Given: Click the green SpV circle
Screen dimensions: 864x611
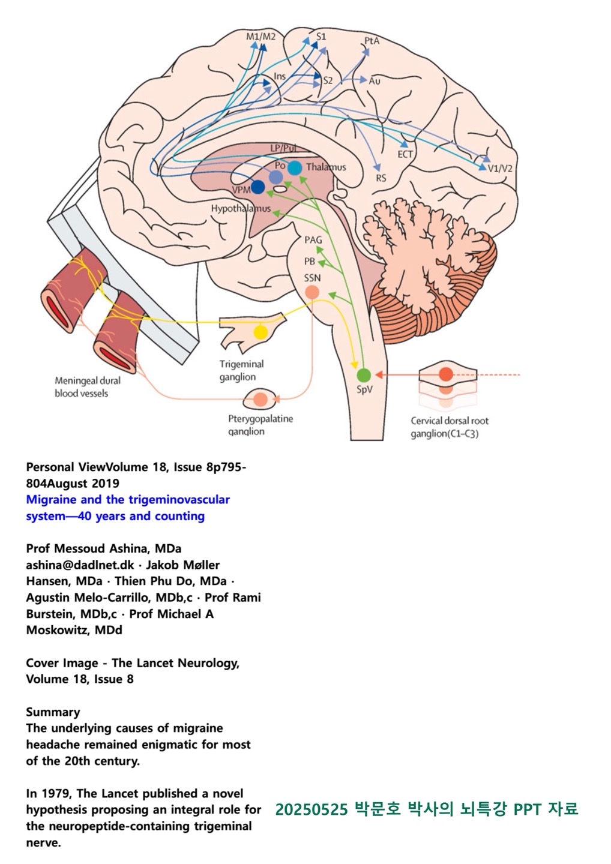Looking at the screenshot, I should [364, 376].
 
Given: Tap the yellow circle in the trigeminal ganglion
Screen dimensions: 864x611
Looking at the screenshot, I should [260, 332].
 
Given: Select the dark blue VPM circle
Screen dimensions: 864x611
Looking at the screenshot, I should [258, 187].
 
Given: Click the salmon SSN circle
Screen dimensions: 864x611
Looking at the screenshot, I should [312, 292].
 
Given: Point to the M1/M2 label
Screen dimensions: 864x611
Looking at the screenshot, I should [260, 37].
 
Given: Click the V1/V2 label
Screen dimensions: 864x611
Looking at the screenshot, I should [500, 168].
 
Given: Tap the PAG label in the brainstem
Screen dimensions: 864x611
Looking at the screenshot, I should [313, 240].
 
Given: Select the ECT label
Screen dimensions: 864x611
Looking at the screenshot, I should [405, 154].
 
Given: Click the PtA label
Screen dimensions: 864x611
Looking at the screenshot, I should [372, 41].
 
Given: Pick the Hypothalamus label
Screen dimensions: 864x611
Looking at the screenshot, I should [241, 209].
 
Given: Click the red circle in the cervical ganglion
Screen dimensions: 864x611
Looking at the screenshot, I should [445, 374].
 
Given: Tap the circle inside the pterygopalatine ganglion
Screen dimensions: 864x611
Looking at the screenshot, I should [260, 398].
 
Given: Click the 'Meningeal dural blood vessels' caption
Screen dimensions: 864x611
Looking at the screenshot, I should [88, 387].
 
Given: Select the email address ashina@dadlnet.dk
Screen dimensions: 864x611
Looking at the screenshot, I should [80, 565].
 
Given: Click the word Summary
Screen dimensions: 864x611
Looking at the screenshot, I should [53, 712].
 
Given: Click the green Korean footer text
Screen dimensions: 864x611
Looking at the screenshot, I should [427, 809].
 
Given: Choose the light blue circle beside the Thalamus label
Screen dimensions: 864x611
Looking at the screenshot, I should [295, 168].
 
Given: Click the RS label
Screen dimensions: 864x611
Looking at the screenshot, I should [381, 178].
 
